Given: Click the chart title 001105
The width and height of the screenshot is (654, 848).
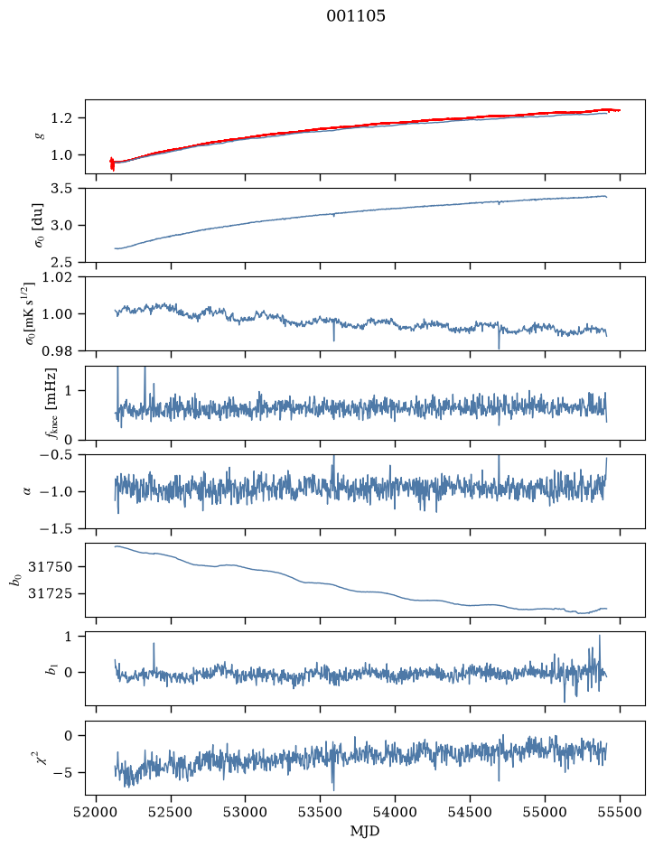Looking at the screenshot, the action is (355, 16).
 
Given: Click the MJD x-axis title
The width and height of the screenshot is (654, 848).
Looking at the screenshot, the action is (365, 831).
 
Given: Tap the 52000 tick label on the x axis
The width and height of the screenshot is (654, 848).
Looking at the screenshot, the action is (97, 813).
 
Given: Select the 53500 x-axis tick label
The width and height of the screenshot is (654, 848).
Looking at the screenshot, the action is (321, 813).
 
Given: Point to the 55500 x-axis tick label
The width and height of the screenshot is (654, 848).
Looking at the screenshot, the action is (620, 813).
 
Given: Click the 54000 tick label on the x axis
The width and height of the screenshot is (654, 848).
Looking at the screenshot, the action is (395, 813).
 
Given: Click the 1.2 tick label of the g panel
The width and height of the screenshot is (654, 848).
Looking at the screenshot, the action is (61, 118).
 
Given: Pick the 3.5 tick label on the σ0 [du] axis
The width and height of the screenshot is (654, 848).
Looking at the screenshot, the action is (61, 189).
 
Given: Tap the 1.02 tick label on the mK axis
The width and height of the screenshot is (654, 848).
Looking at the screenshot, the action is (56, 277).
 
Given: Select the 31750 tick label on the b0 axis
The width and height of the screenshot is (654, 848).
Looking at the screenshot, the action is (49, 567).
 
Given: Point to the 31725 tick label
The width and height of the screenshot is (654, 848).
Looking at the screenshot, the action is (49, 593).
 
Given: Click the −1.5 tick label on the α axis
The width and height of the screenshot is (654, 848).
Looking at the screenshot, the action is (56, 528).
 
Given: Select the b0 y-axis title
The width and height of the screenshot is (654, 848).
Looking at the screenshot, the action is (15, 580).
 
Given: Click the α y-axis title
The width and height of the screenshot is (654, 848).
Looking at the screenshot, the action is (28, 491).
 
